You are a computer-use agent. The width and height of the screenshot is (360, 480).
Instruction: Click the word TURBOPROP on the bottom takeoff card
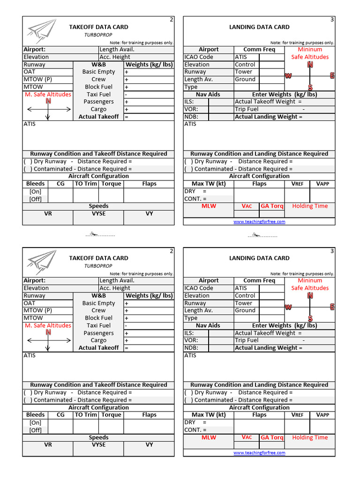(x=98, y=266)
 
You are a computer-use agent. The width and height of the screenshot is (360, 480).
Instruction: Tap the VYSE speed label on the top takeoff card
(x=98, y=213)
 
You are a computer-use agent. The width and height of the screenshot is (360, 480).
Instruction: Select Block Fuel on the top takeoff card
(x=98, y=87)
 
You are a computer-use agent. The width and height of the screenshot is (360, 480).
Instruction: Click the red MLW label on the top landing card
(x=209, y=206)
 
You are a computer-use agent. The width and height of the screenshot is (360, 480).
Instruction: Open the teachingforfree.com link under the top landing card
(x=259, y=222)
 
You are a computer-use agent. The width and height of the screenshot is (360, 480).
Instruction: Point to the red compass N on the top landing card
(x=310, y=65)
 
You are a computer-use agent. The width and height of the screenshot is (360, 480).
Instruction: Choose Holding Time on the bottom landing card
(x=310, y=437)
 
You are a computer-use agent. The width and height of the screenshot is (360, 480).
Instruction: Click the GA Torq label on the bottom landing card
(x=272, y=437)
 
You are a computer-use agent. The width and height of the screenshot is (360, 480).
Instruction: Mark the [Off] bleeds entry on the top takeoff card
(x=36, y=199)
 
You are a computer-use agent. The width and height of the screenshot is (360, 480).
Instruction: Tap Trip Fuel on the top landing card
(x=247, y=109)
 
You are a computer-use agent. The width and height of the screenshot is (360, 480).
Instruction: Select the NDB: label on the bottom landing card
(x=191, y=348)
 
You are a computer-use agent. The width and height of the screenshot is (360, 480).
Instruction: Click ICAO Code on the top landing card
(x=199, y=57)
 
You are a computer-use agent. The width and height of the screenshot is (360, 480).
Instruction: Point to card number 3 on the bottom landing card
(x=332, y=251)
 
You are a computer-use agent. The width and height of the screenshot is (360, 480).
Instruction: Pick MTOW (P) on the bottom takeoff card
(x=38, y=310)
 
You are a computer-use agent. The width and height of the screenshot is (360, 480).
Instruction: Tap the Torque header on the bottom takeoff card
(x=111, y=415)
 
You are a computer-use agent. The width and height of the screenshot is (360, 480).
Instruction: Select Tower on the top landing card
(x=244, y=72)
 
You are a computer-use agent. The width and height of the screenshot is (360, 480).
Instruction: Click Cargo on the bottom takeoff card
(x=98, y=340)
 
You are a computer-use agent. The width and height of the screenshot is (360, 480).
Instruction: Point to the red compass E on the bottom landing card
(x=332, y=307)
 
